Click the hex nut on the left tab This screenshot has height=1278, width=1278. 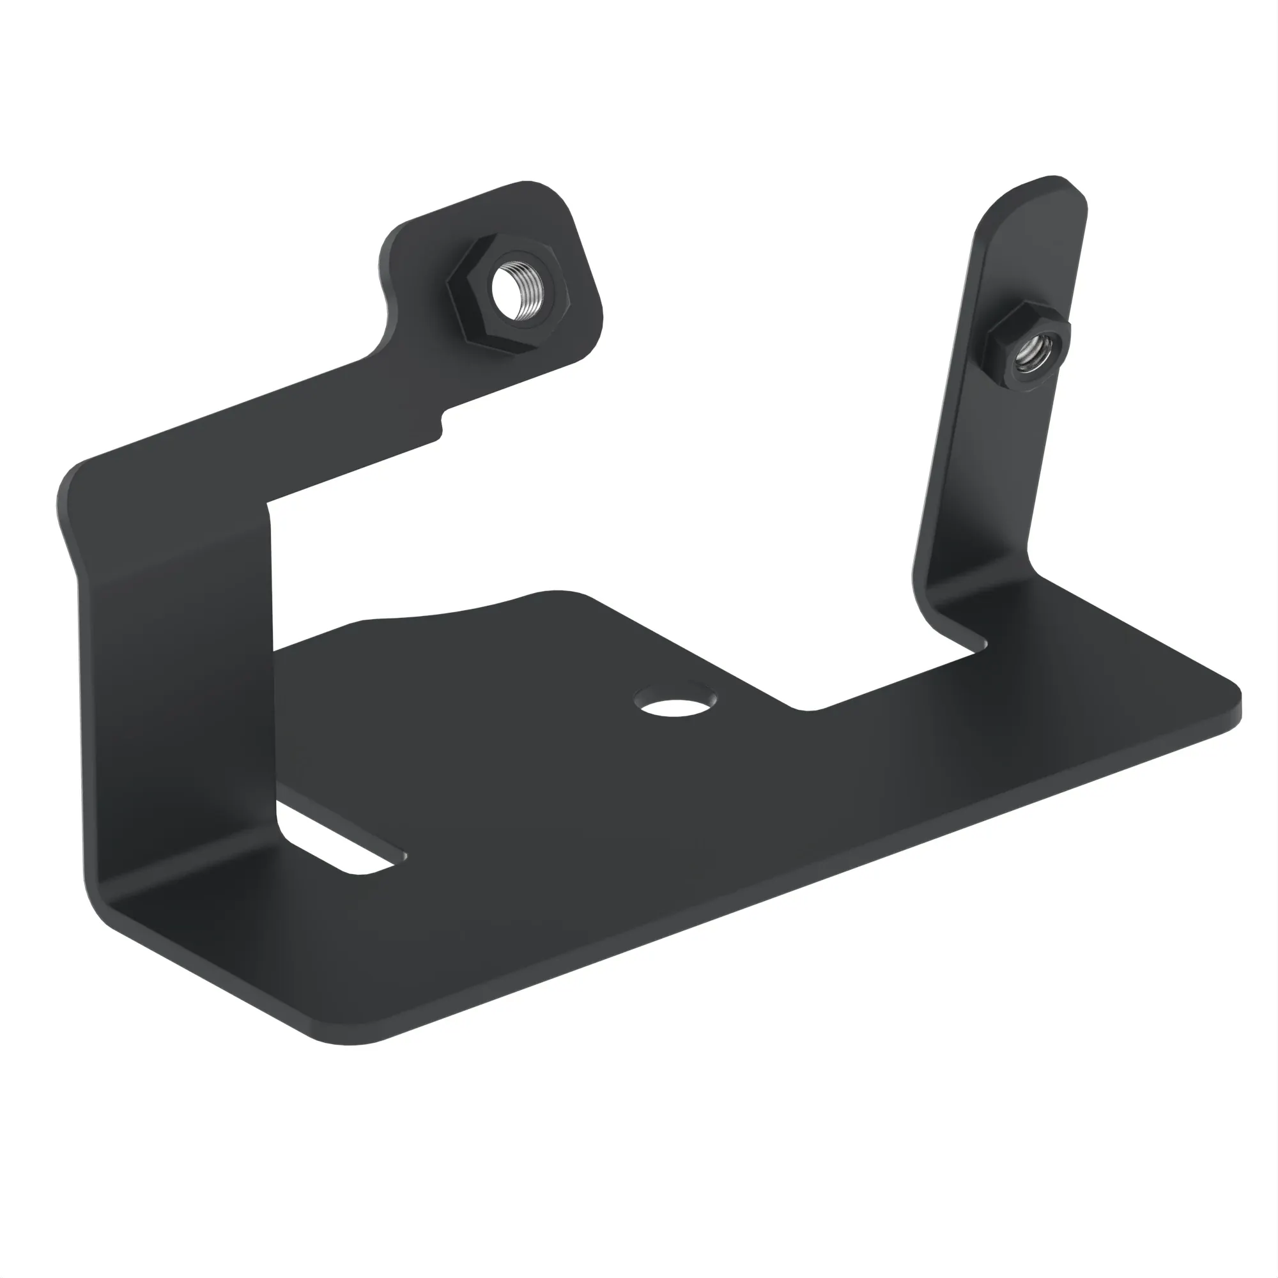pos(508,295)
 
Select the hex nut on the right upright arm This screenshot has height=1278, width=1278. pos(1028,355)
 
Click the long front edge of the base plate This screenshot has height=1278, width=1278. pos(794,880)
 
